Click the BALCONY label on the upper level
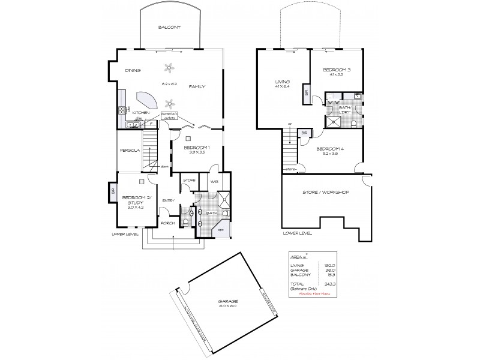[x=169, y=28]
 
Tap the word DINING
[x=133, y=70]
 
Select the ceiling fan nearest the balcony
[x=170, y=67]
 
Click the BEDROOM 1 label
[x=196, y=148]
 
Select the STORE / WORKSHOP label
[x=328, y=192]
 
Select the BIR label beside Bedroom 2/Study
[x=112, y=192]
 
